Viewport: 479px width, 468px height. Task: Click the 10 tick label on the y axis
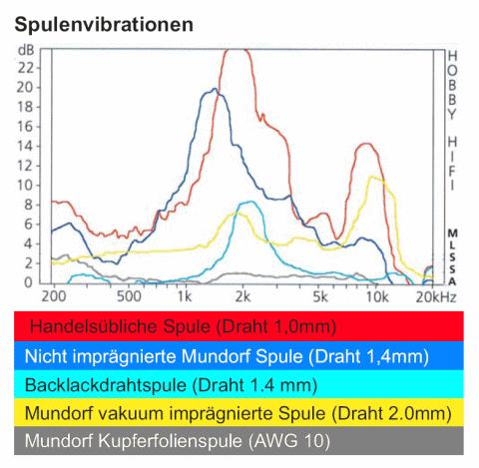[29, 186]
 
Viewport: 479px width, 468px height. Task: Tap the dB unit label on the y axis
[26, 49]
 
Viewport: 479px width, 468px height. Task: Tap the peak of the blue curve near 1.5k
[214, 90]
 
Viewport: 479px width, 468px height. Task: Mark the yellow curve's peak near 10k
[374, 177]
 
